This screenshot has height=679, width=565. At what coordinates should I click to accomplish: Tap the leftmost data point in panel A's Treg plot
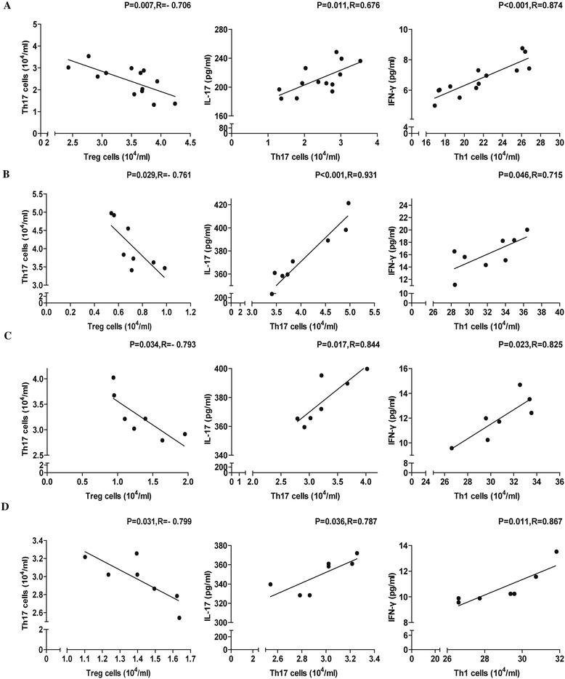tap(68, 68)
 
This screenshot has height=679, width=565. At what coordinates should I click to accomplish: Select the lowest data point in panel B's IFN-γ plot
tap(455, 284)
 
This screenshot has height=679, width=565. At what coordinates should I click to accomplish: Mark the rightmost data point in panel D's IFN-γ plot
tap(557, 552)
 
